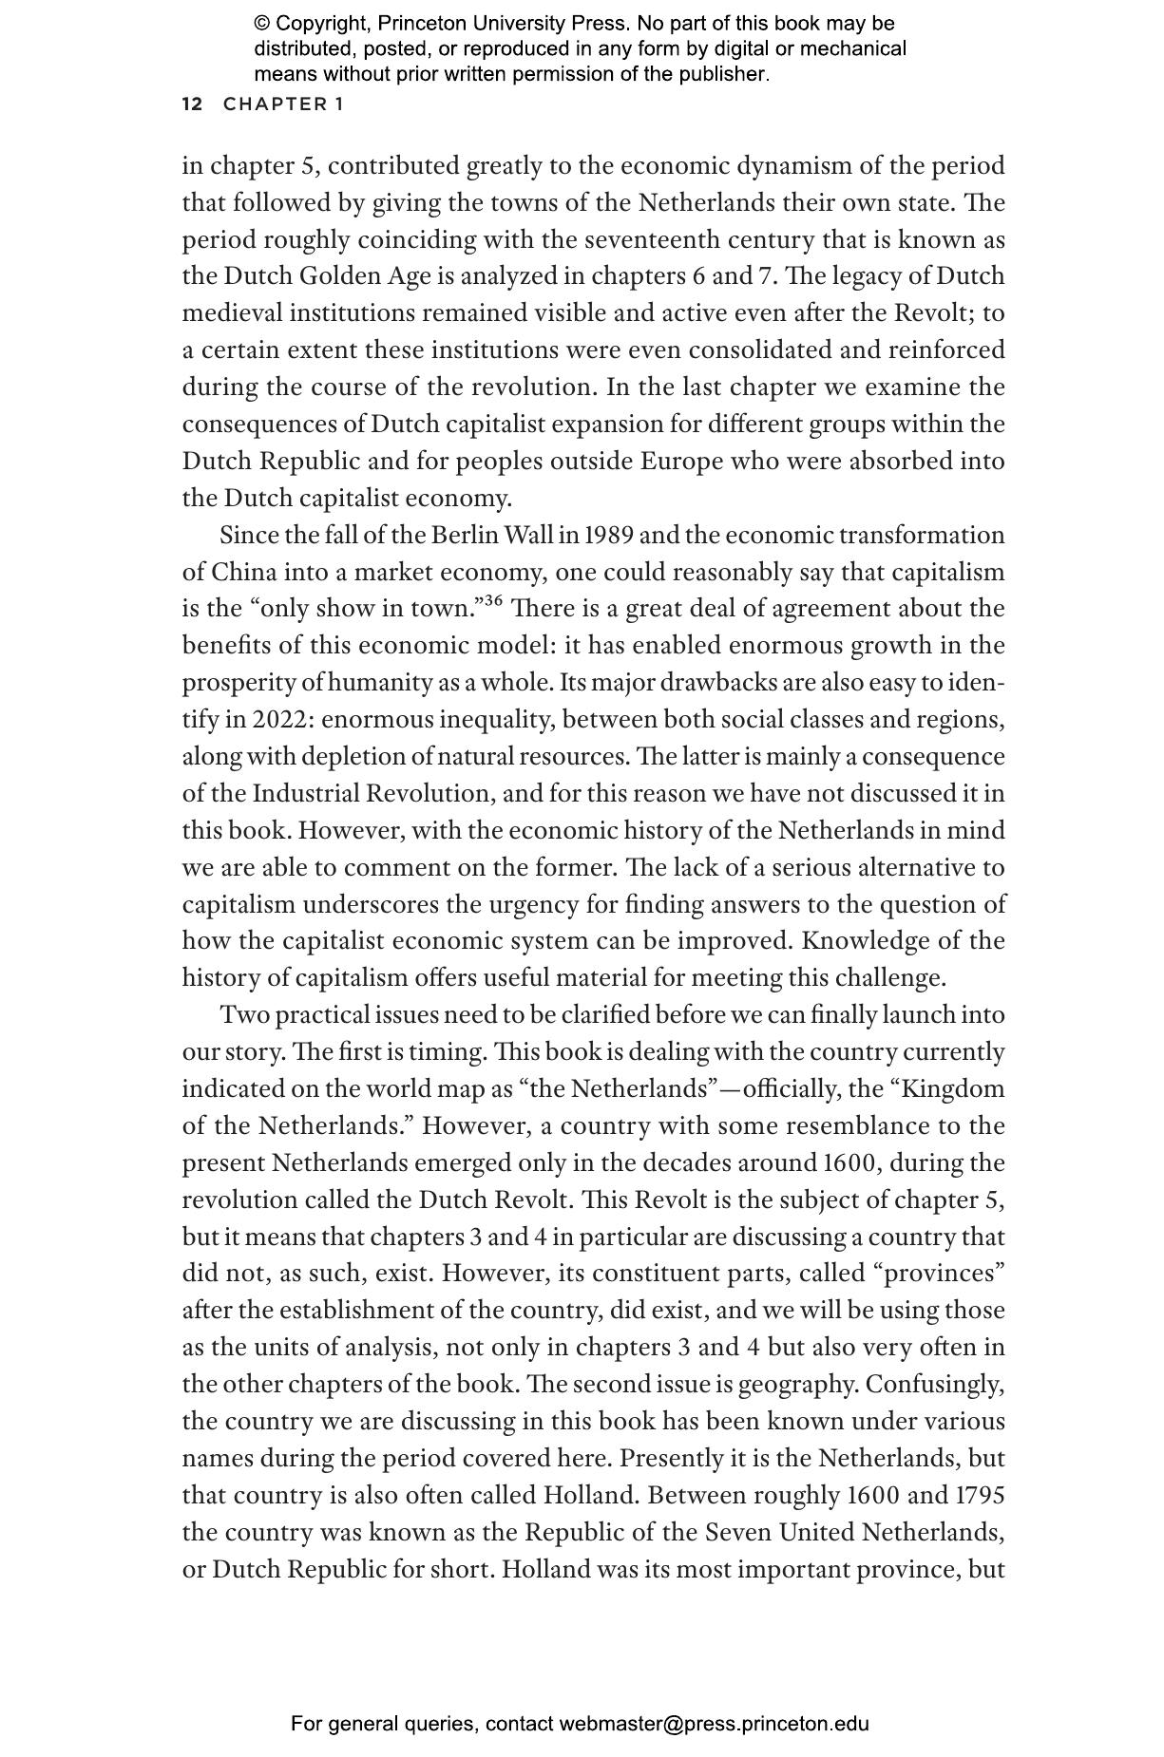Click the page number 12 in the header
[192, 104]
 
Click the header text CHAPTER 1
[283, 104]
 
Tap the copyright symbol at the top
[261, 24]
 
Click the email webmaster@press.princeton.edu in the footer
[714, 1724]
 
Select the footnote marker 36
[492, 600]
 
